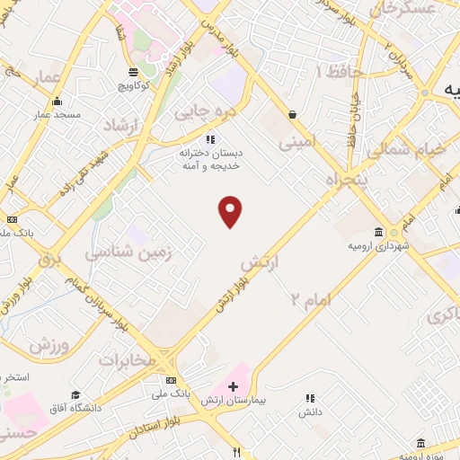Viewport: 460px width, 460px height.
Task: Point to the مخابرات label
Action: tap(127, 359)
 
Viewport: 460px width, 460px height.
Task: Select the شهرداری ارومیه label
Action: tap(380, 245)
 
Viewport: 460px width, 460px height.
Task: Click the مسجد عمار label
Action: tap(57, 115)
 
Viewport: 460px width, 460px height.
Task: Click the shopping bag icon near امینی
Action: tap(294, 114)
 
